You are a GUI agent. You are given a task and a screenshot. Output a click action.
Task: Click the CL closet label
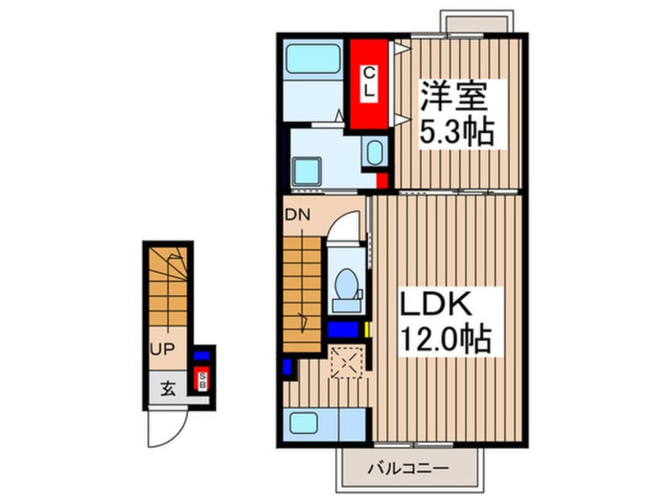[x=369, y=83]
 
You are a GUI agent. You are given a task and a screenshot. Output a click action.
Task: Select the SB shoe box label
[x=201, y=380]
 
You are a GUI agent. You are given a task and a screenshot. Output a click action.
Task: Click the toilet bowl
[x=347, y=286]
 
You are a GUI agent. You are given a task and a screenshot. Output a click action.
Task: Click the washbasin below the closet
[x=372, y=152]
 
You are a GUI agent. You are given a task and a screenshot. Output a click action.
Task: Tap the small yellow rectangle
[x=369, y=328]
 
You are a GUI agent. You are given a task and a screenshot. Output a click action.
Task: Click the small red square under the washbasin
[x=382, y=179]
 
